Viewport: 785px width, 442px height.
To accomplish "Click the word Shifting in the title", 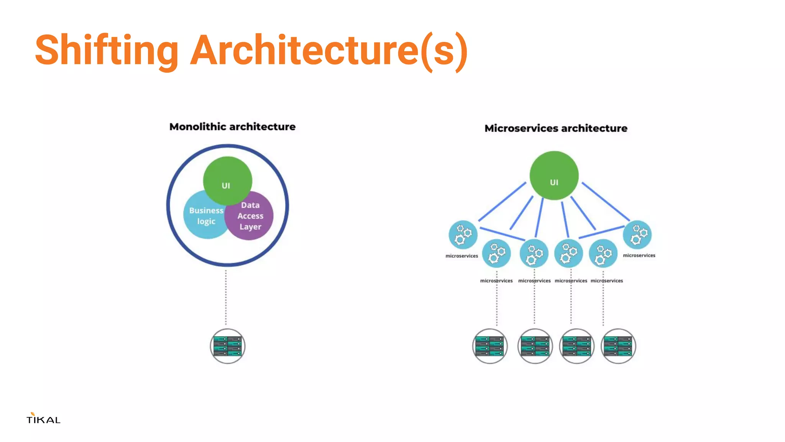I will [x=107, y=50].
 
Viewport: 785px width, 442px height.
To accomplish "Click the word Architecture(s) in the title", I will [x=328, y=50].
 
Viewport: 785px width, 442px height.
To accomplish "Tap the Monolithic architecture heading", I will [x=232, y=127].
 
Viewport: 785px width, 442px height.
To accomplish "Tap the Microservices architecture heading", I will [x=556, y=128].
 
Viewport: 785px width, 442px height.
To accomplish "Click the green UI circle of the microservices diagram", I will [x=554, y=175].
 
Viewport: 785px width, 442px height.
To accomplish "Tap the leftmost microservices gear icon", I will [x=463, y=234].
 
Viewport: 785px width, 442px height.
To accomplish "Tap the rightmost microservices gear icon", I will [x=637, y=234].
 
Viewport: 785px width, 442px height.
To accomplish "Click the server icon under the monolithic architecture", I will [x=228, y=346].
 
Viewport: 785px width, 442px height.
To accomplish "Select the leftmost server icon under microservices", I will [x=490, y=346].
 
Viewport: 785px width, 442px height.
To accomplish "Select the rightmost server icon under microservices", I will [x=618, y=346].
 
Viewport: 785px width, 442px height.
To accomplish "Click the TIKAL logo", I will [x=43, y=419].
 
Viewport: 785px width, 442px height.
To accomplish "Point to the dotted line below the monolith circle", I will [x=226, y=297].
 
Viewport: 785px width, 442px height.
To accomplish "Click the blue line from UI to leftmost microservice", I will [x=502, y=202].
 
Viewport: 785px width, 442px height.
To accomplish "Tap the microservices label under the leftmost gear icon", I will [x=461, y=256].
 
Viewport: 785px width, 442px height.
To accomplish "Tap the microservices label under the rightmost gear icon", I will [x=639, y=256].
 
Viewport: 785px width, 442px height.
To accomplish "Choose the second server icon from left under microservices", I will [x=535, y=346].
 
